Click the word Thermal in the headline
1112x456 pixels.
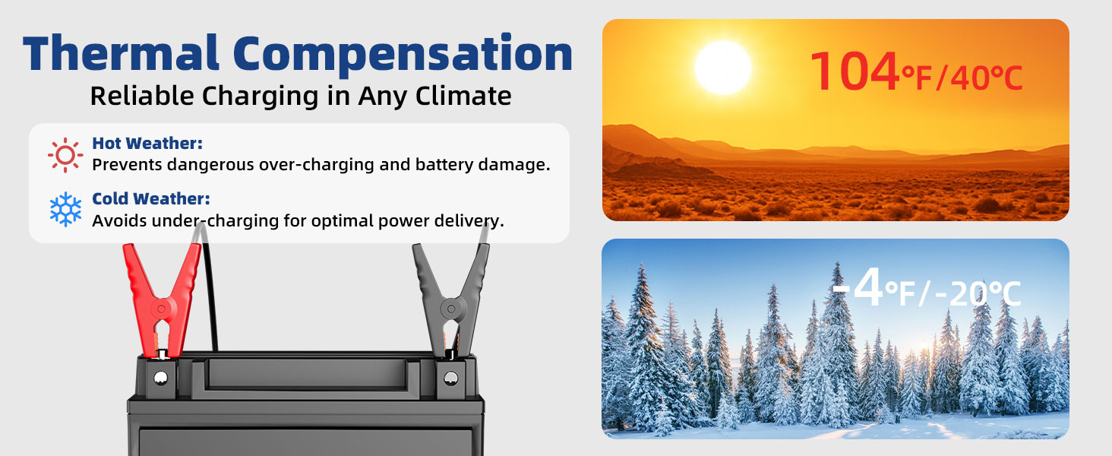[121, 53]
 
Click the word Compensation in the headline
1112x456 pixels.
[403, 55]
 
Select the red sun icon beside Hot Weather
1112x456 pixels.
[65, 155]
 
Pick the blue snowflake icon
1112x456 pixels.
[65, 209]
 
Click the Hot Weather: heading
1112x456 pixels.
[147, 143]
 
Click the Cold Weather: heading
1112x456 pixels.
[151, 198]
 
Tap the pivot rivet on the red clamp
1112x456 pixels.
[161, 309]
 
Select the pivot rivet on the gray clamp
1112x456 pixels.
[451, 309]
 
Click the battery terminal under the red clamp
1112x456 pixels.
[160, 378]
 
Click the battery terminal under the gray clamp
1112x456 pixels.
[450, 378]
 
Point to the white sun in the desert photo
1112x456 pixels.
[723, 68]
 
